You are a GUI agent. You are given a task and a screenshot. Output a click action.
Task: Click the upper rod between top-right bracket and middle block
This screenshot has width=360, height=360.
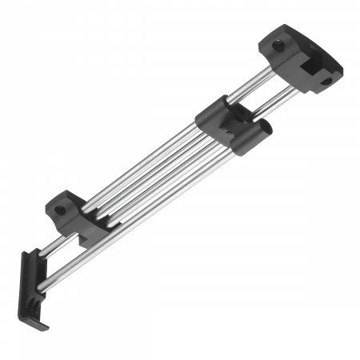point(254,83)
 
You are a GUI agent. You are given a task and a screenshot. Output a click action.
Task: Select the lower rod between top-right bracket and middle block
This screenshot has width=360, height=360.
point(272,99)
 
